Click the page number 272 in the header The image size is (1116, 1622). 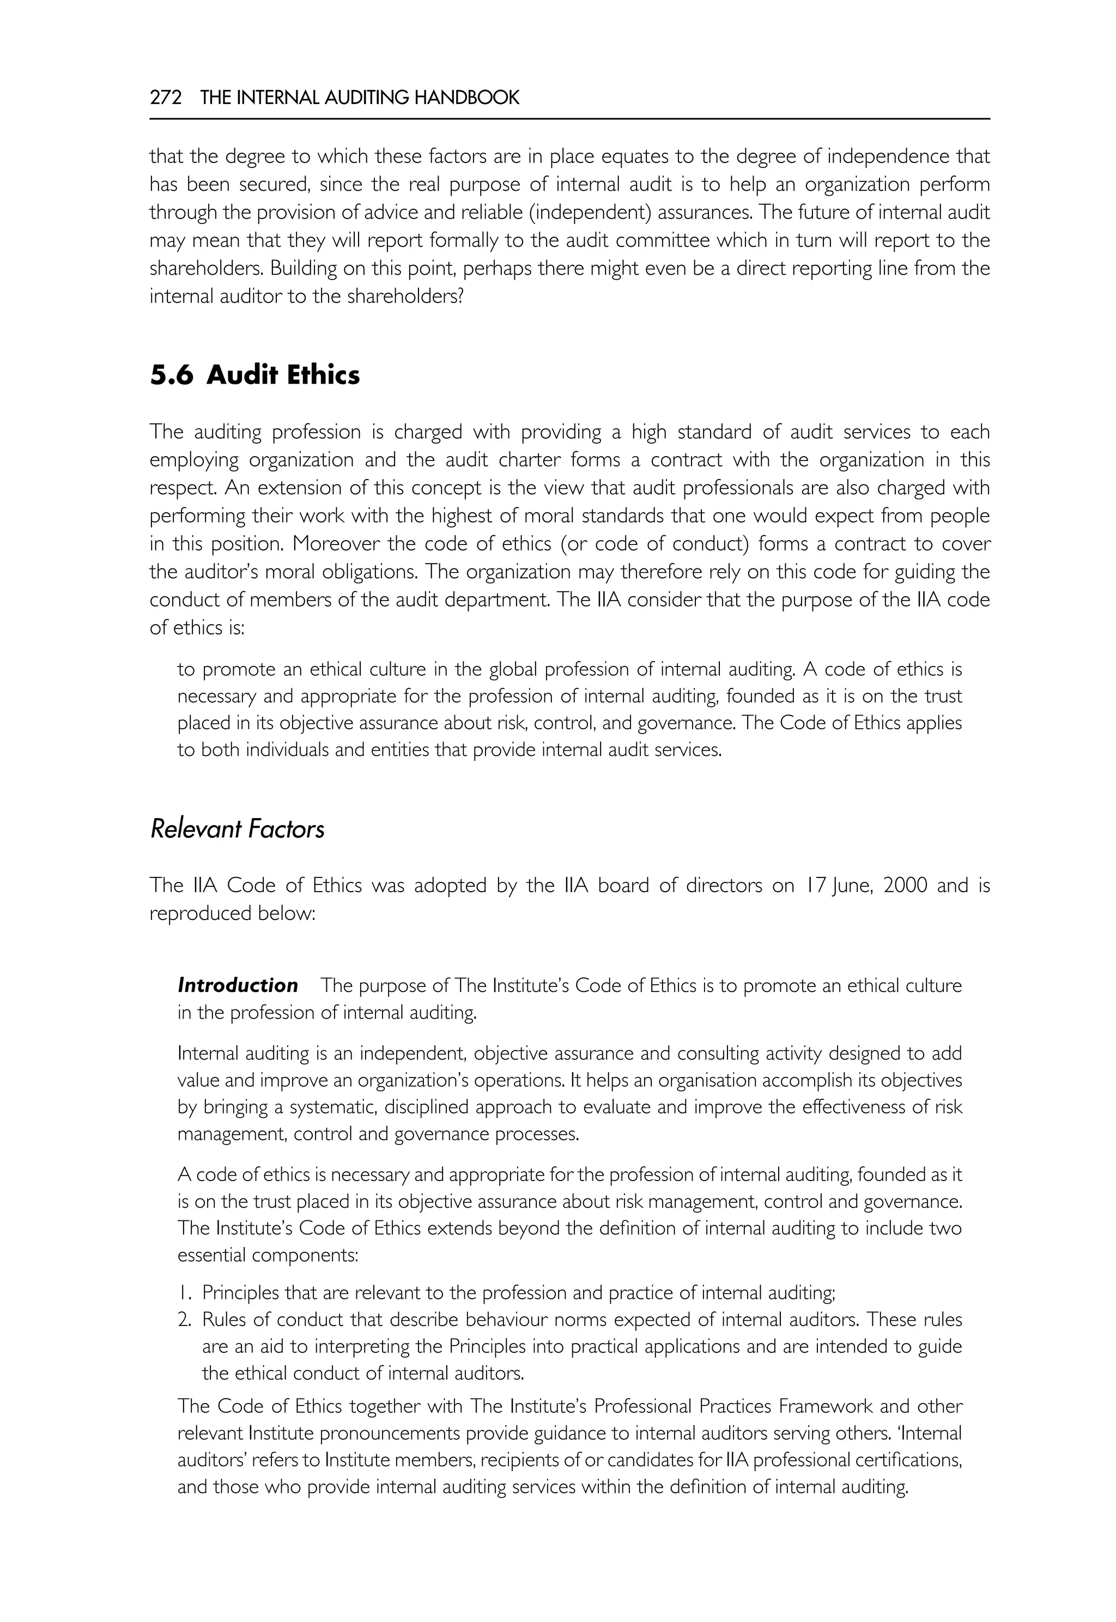point(166,98)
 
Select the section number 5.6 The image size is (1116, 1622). point(171,376)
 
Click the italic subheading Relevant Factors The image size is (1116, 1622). point(237,830)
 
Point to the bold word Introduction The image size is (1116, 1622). point(238,985)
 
